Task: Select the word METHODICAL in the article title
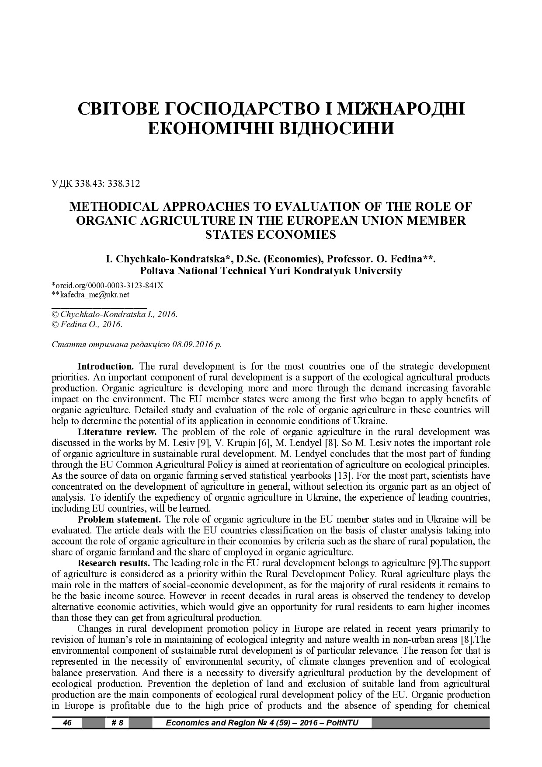point(115,206)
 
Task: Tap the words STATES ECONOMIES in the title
point(271,235)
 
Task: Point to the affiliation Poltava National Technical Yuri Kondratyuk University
point(271,271)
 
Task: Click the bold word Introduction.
point(105,366)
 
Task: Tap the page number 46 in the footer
point(67,723)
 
